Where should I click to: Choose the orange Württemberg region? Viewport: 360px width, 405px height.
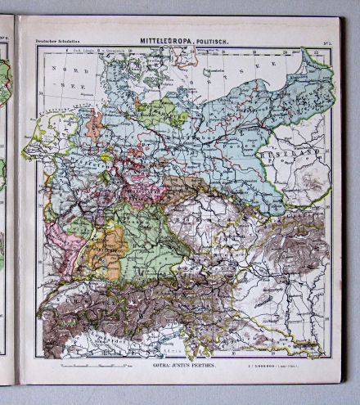click(x=101, y=250)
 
